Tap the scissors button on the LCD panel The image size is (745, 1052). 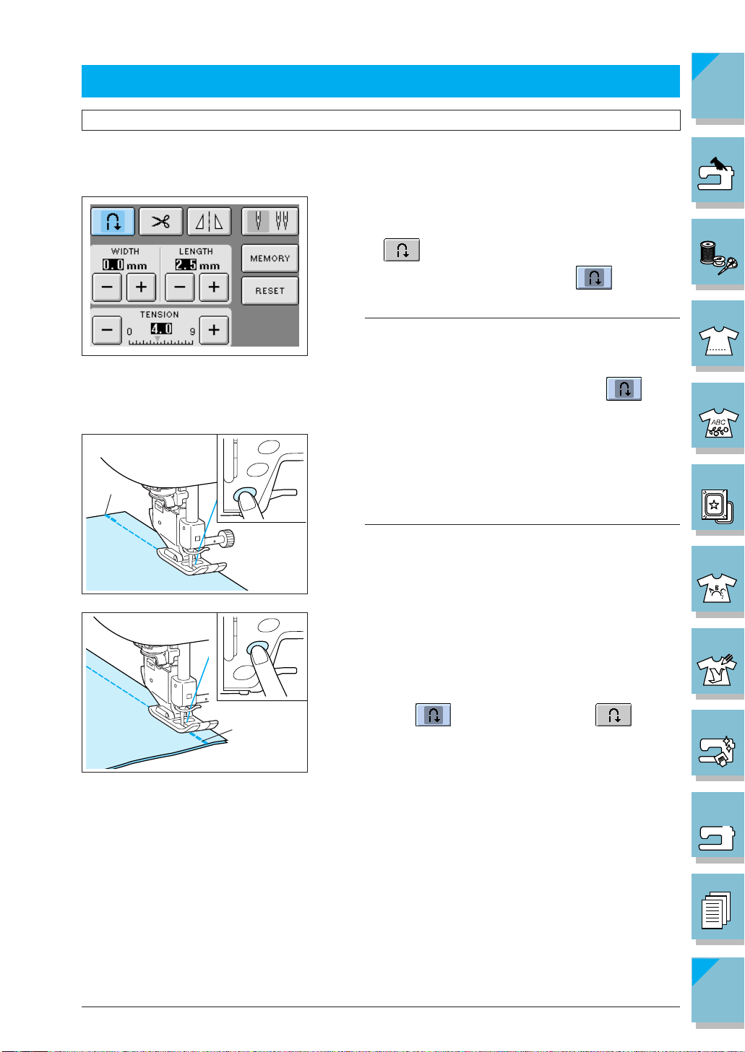tap(160, 222)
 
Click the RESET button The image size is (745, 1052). tap(270, 291)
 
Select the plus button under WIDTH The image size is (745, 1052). tap(141, 287)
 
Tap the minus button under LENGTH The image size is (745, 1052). tap(179, 287)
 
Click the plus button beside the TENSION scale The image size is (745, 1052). tap(214, 330)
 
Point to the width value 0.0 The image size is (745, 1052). tap(113, 265)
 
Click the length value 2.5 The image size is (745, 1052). tap(186, 265)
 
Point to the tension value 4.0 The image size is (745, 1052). tap(160, 329)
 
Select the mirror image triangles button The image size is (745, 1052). tap(210, 222)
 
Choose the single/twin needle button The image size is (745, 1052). tap(270, 221)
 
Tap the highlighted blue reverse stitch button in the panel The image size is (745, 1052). tap(113, 222)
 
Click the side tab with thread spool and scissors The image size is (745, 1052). tap(717, 252)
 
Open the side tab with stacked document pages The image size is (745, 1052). tap(717, 908)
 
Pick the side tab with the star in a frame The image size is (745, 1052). tap(717, 498)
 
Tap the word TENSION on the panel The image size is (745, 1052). tap(159, 315)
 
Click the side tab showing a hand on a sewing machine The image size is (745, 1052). tap(717, 170)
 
